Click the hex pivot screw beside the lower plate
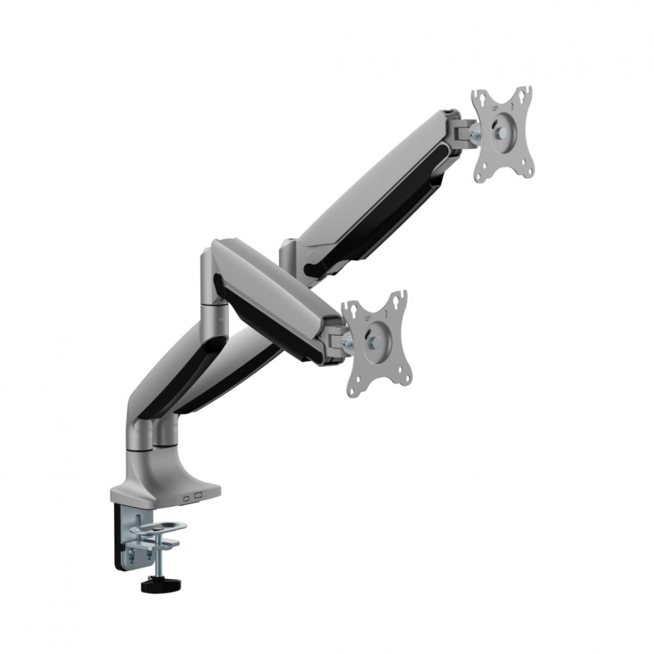coord(347,343)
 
